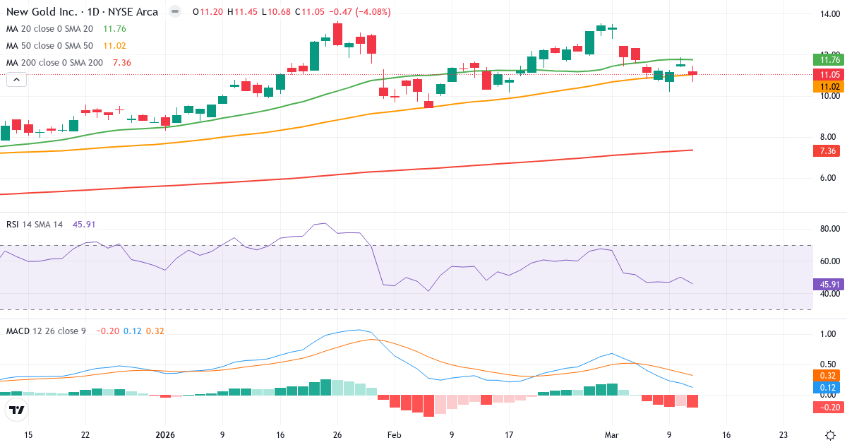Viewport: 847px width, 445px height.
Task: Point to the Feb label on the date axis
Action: [x=394, y=435]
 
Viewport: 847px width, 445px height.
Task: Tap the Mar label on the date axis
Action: [x=611, y=435]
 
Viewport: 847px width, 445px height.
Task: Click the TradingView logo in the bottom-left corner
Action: [x=17, y=410]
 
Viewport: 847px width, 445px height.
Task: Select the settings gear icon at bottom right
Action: [x=831, y=435]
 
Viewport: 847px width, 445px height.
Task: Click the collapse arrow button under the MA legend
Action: [x=17, y=80]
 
